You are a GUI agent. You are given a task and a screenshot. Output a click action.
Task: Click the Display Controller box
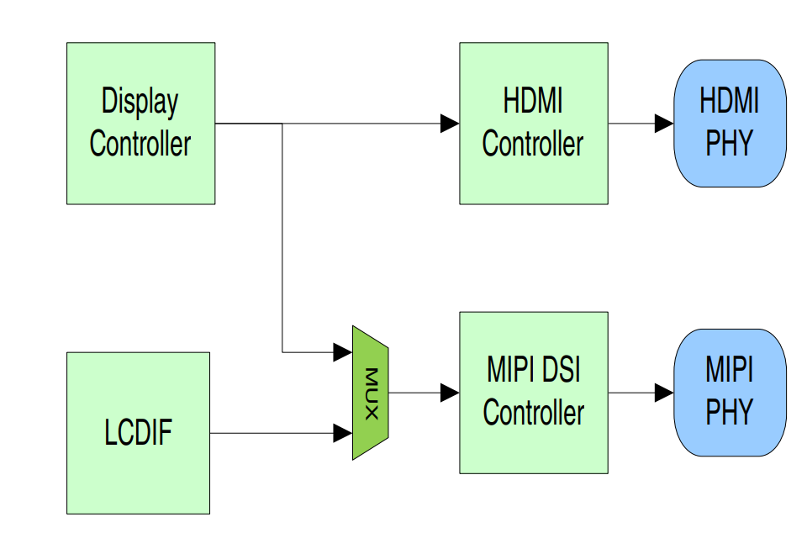[140, 123]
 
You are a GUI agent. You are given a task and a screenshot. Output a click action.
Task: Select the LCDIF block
[138, 433]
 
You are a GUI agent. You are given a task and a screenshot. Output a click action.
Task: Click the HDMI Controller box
[533, 123]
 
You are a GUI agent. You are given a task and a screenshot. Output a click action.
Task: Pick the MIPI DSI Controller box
[533, 393]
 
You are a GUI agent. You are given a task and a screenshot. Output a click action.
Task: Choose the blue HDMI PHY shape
[730, 123]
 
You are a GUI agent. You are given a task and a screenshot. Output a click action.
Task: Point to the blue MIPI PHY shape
[730, 393]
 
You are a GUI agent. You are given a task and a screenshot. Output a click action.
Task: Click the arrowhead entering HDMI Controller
[450, 124]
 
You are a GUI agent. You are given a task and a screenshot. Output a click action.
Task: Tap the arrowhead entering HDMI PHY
[665, 124]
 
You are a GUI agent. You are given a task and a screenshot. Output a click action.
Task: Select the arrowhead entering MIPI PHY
[665, 393]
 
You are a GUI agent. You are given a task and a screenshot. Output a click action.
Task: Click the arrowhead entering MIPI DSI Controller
[450, 393]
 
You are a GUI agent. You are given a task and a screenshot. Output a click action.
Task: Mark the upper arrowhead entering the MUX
[342, 351]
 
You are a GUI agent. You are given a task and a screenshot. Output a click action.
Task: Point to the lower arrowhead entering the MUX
[342, 434]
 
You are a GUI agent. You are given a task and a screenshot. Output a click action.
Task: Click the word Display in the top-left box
[140, 102]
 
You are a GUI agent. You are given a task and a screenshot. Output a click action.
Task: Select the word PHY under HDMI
[729, 144]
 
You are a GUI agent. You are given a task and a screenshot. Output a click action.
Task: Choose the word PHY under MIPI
[729, 413]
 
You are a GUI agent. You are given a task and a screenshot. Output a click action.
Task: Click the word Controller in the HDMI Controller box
[533, 144]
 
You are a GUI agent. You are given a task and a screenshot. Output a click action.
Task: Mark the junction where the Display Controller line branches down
[282, 124]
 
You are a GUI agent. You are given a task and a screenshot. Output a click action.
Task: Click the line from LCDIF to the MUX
[269, 434]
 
